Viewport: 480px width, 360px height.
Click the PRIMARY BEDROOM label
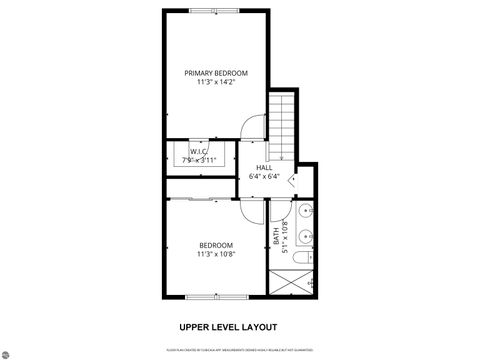click(215, 73)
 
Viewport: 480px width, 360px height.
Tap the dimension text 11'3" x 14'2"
click(215, 83)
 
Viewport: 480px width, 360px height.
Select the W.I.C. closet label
click(198, 151)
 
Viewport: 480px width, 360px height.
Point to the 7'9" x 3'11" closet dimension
click(198, 160)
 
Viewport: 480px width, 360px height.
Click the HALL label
click(264, 167)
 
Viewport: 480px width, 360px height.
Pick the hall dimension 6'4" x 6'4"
click(264, 176)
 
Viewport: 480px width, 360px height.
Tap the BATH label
click(277, 239)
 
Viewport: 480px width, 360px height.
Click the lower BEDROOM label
click(215, 245)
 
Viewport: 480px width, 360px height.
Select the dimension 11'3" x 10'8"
click(215, 255)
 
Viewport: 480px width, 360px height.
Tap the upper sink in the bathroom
click(306, 212)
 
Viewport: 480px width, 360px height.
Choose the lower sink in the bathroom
click(306, 237)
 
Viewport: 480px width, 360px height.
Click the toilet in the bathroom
click(307, 258)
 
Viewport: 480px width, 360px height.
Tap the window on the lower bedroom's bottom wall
click(215, 297)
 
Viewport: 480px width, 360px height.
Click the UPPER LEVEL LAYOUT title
click(228, 327)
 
